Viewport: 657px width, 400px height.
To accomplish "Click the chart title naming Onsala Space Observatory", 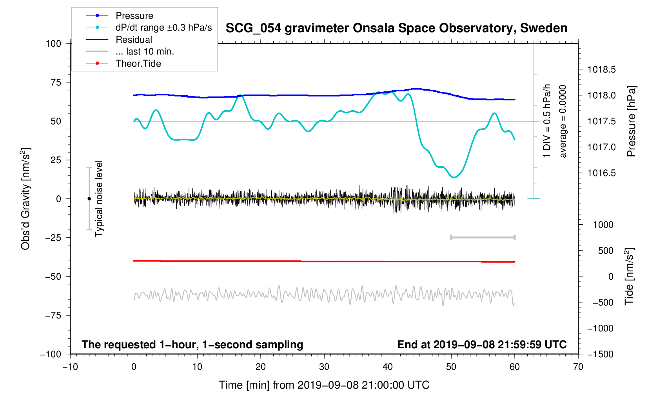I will pos(396,28).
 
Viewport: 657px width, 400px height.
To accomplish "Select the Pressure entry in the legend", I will pos(134,16).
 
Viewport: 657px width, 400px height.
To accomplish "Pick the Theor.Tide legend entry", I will pos(138,64).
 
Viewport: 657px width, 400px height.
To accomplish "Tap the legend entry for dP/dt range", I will pos(163,27).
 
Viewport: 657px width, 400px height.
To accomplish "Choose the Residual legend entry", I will pos(134,40).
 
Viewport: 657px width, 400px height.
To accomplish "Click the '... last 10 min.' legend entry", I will pos(145,51).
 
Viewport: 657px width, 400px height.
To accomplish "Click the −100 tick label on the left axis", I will pos(51,354).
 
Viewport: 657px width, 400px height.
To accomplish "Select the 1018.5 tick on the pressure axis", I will pos(601,70).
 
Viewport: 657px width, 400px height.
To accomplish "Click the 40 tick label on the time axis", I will pos(387,367).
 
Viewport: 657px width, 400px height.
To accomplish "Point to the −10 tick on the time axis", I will pos(70,367).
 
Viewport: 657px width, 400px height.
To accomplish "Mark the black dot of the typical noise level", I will pos(89,199).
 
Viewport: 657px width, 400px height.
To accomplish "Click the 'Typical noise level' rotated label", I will pos(99,198).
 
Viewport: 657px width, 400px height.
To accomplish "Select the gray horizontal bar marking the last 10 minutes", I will pos(483,238).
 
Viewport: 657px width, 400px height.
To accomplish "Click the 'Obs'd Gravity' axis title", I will pos(25,199).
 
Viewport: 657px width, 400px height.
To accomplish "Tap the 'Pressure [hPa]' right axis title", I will pos(631,121).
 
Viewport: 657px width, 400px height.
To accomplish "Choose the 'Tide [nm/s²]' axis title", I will pos(629,276).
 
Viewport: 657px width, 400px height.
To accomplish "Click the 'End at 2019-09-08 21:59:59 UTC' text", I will pos(482,345).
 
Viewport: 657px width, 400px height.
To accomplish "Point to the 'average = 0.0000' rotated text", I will pos(563,121).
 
